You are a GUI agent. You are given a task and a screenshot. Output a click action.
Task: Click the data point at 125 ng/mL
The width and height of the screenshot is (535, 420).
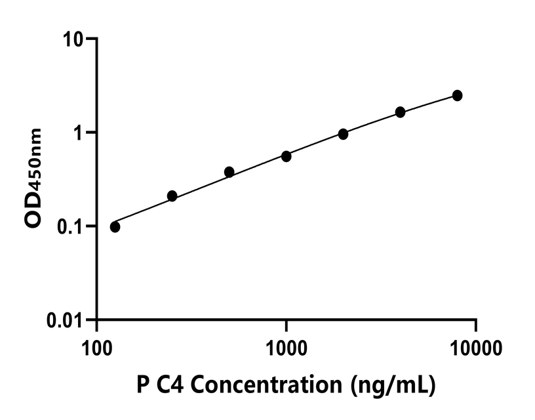pyautogui.click(x=115, y=227)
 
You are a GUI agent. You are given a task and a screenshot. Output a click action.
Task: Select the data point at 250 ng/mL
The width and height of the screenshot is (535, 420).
pyautogui.click(x=172, y=196)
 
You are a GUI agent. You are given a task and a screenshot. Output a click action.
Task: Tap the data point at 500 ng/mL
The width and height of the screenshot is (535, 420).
pyautogui.click(x=229, y=172)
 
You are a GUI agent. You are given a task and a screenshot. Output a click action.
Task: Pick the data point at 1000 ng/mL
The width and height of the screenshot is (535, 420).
pyautogui.click(x=287, y=156)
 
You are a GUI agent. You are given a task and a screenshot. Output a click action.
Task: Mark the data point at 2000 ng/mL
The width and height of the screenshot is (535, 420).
pyautogui.click(x=343, y=134)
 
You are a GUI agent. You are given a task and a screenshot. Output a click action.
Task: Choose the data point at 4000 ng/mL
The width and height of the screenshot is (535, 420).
pyautogui.click(x=400, y=112)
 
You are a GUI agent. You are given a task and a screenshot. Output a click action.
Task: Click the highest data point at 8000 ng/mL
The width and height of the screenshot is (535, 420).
pyautogui.click(x=457, y=96)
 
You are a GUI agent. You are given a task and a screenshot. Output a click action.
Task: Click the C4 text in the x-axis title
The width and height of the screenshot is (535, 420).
pyautogui.click(x=171, y=384)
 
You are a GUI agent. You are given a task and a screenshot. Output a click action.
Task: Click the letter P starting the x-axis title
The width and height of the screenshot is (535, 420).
pyautogui.click(x=144, y=384)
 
